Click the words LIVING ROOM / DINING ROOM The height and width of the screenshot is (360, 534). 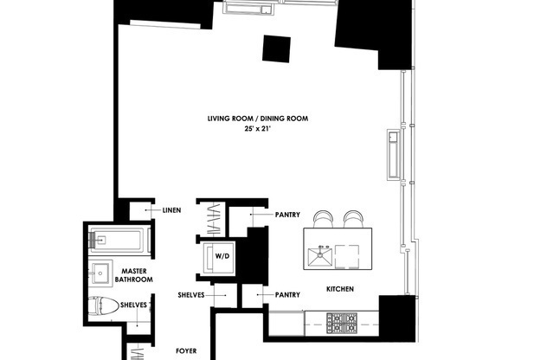[258, 119]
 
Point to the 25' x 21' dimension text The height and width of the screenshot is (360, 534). [258, 129]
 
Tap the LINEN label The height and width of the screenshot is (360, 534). [170, 210]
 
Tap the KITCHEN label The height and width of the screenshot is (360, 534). [340, 289]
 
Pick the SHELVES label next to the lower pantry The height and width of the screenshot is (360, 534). [190, 295]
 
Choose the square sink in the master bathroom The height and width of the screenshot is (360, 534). [101, 272]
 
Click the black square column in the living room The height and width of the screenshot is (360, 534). [277, 49]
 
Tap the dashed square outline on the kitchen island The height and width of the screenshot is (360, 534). [351, 255]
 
